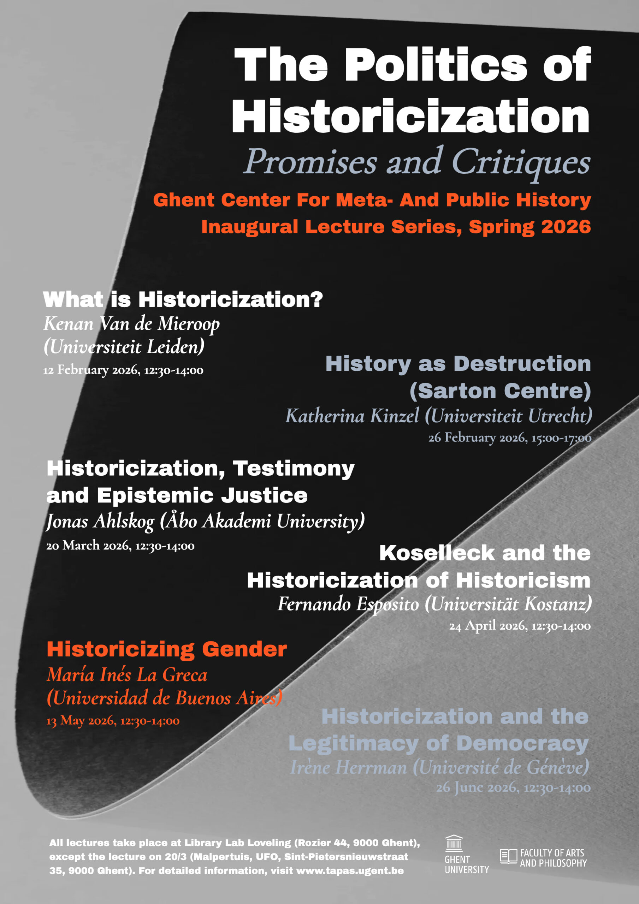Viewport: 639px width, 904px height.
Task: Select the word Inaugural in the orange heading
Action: pyautogui.click(x=249, y=227)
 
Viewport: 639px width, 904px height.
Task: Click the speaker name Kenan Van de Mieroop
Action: pyautogui.click(x=131, y=324)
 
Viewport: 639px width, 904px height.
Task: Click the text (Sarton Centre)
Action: pyautogui.click(x=500, y=391)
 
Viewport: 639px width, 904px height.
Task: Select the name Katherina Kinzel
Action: pyautogui.click(x=352, y=416)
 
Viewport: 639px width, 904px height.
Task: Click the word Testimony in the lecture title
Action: pyautogui.click(x=294, y=469)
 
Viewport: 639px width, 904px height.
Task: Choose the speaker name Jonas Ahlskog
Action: pyautogui.click(x=100, y=521)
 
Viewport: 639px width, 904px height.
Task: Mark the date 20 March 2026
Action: pyautogui.click(x=88, y=546)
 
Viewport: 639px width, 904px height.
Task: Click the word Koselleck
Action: pyautogui.click(x=437, y=553)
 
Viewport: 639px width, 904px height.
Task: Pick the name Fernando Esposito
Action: pyautogui.click(x=348, y=604)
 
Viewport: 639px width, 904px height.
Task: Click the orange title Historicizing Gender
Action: pyautogui.click(x=167, y=649)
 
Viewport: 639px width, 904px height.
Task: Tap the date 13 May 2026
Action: pyautogui.click(x=81, y=721)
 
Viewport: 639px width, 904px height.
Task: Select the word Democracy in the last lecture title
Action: pyautogui.click(x=522, y=743)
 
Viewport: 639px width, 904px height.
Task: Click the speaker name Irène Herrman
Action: pyautogui.click(x=348, y=767)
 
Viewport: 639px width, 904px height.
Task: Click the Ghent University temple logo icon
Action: pyautogui.click(x=454, y=843)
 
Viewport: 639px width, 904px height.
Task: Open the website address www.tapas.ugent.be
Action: pyautogui.click(x=350, y=870)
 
